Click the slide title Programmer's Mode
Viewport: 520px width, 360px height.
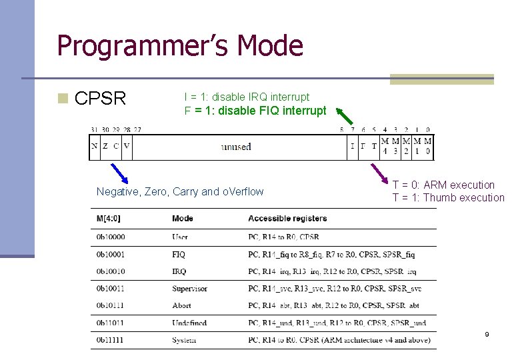point(180,46)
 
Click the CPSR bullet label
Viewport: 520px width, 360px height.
point(100,99)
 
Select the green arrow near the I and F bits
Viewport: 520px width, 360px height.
point(345,117)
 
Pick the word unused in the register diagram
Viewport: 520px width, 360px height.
point(236,147)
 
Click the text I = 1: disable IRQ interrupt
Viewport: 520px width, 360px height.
point(247,97)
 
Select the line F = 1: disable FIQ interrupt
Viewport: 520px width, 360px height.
point(255,111)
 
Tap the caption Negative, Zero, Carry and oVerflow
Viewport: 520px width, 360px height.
point(180,192)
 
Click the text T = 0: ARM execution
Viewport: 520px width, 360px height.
point(443,185)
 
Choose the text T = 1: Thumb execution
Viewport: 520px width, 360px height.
point(448,197)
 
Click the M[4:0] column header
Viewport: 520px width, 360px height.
point(108,218)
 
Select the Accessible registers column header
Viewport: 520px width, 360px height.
point(287,218)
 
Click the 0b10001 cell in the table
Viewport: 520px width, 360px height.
point(110,254)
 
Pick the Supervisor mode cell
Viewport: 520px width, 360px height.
point(189,289)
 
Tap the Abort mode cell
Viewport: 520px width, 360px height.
point(181,306)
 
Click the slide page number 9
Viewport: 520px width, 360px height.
point(487,334)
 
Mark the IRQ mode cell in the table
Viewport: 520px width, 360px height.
point(179,271)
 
